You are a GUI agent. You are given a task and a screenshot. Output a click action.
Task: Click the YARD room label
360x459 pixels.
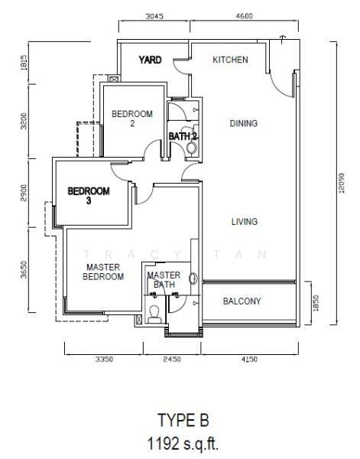[x=150, y=60]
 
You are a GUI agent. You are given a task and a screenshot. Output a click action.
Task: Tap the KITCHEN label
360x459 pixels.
[x=230, y=60]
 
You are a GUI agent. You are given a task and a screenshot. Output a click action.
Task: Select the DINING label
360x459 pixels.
[x=244, y=123]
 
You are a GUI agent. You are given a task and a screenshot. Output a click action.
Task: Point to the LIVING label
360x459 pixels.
[x=245, y=222]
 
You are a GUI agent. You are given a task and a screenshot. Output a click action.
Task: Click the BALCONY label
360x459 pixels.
[x=242, y=301]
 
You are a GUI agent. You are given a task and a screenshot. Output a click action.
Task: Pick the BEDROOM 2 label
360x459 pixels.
[x=132, y=119]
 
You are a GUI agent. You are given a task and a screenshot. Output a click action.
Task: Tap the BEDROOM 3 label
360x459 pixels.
[x=89, y=196]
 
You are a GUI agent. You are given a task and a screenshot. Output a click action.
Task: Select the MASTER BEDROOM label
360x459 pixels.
[x=103, y=272]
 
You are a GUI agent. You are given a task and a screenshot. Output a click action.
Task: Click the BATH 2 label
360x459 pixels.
[x=183, y=136]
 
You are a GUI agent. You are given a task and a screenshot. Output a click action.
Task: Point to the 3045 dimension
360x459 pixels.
[x=154, y=16]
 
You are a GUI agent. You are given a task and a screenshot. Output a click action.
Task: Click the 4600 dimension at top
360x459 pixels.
[x=244, y=16]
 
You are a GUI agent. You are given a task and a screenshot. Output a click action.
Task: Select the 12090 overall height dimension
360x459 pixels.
[x=341, y=184]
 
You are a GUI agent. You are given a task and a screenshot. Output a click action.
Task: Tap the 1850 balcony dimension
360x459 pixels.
[x=316, y=303]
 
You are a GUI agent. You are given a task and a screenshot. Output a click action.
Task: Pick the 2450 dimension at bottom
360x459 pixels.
[x=172, y=359]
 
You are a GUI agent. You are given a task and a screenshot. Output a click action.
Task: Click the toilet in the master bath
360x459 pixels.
[x=154, y=314]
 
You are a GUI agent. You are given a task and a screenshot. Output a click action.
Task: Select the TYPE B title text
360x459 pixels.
[x=183, y=420]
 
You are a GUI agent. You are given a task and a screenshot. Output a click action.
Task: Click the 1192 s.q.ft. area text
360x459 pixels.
[x=183, y=444]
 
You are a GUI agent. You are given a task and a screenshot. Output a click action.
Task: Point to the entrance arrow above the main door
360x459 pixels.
[x=282, y=40]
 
